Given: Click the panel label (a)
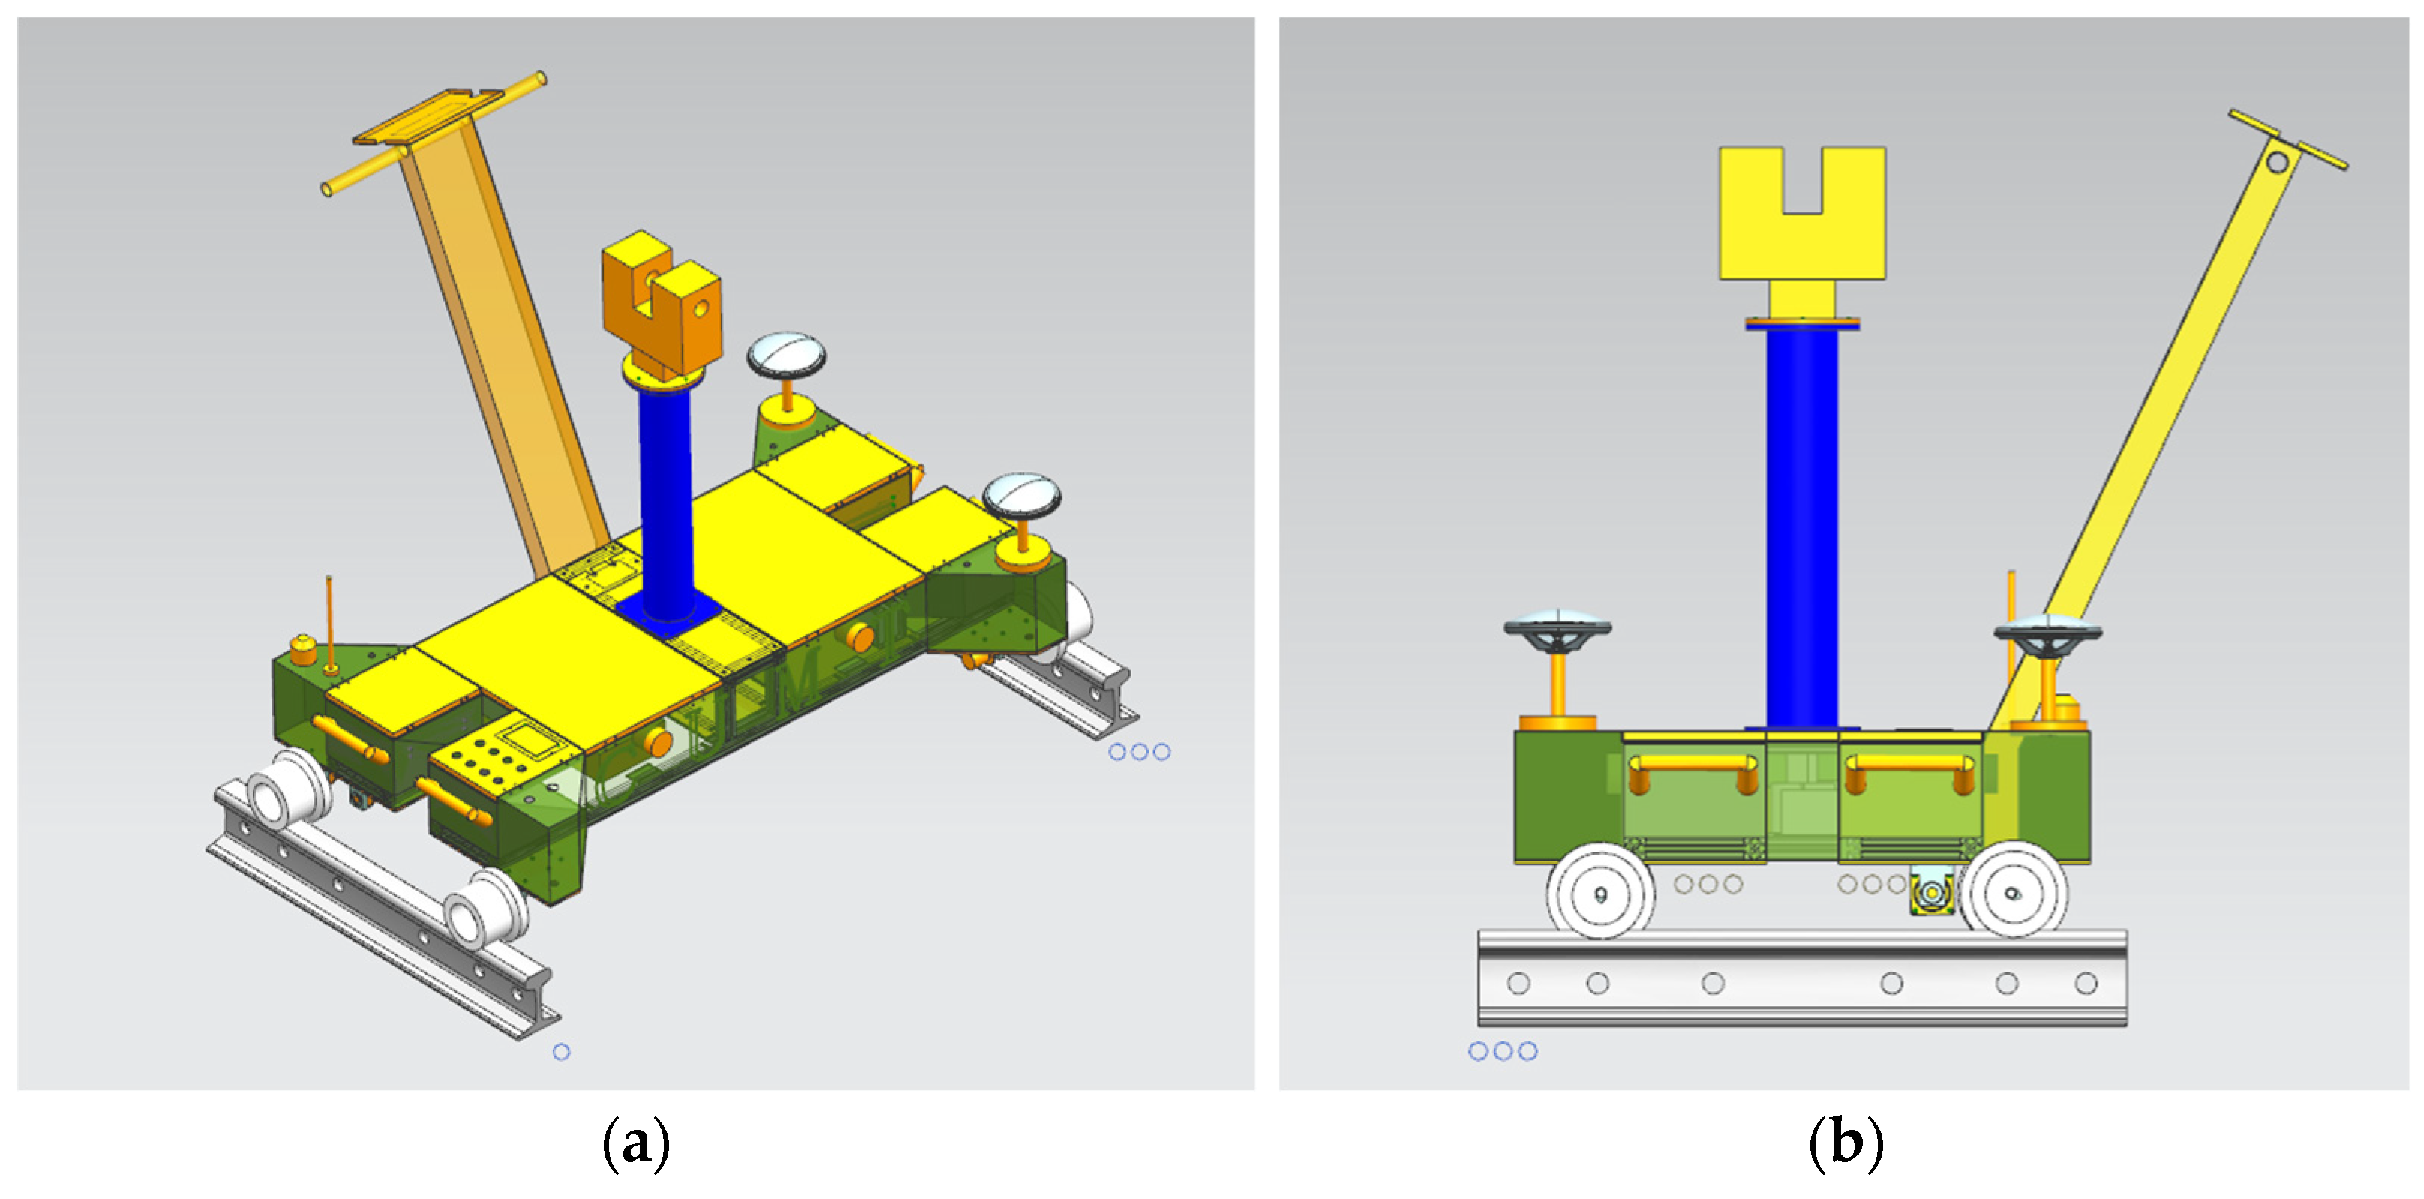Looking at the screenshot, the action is pyautogui.click(x=636, y=1143).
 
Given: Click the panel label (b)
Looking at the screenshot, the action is pyautogui.click(x=1846, y=1143).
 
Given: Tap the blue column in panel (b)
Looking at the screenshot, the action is pyautogui.click(x=1801, y=527).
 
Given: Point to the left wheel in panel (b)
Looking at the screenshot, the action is pyautogui.click(x=1599, y=892).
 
